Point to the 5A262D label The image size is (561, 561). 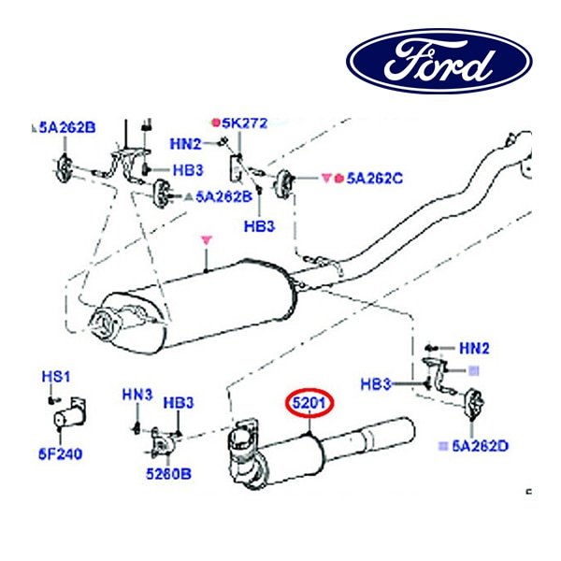(480, 446)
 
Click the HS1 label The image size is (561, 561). (55, 376)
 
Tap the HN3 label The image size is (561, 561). (137, 396)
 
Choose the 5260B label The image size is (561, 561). (167, 473)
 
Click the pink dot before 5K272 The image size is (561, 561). (214, 122)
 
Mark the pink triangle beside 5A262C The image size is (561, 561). (327, 177)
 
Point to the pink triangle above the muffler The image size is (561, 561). (208, 241)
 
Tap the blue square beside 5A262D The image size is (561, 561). (442, 446)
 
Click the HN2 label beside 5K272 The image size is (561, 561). (185, 143)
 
